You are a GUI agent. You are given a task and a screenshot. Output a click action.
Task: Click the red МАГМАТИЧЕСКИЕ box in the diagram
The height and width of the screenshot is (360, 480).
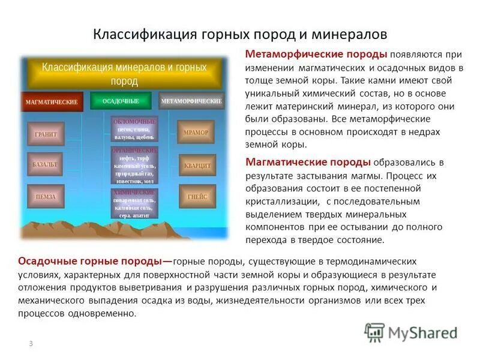[x=51, y=102]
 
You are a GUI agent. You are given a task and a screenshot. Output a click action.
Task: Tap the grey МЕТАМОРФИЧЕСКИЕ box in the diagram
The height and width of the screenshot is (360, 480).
[x=192, y=101]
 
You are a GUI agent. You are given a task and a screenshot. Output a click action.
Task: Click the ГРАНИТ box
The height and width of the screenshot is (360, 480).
[x=46, y=134]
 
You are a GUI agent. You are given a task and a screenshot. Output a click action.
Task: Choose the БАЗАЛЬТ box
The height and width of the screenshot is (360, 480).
[x=46, y=164]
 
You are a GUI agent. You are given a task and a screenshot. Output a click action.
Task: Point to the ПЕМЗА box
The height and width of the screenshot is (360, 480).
[x=46, y=196]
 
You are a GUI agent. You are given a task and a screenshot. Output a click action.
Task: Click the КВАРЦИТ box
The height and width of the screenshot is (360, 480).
[x=196, y=164]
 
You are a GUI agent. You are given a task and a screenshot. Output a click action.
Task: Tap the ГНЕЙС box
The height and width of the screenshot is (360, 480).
[x=196, y=196]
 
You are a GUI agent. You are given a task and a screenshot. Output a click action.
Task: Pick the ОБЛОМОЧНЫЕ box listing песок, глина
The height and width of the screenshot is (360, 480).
[x=135, y=129]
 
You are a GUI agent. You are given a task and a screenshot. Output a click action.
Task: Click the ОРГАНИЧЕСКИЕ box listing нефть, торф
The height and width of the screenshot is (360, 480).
[x=135, y=166]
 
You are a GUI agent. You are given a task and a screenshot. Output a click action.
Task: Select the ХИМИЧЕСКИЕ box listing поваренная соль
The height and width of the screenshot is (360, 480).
[x=135, y=203]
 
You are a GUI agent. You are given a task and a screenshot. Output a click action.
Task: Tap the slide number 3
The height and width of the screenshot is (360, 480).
[x=30, y=343]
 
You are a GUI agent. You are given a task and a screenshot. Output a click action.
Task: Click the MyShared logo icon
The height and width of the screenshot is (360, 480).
[x=375, y=332]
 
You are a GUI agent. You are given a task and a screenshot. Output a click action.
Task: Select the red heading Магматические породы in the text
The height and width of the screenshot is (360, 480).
[x=308, y=163]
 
